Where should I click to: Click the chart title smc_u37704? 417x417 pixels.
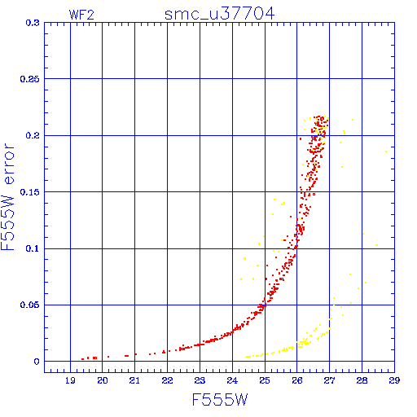coord(220,14)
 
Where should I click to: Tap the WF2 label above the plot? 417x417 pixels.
coord(81,15)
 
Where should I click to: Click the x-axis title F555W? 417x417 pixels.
coord(220,400)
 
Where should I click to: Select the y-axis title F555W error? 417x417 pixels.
coord(7,197)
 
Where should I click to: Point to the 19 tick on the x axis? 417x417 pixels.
coord(70,380)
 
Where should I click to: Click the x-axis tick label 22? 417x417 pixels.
coord(167,380)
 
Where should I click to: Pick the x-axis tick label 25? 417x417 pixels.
coord(265,380)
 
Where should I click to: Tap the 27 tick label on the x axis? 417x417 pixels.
coord(329,380)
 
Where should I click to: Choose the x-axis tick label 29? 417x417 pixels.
coord(394,380)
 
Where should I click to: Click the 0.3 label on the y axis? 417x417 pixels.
coord(33,23)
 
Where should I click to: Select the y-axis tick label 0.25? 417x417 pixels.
coord(30,79)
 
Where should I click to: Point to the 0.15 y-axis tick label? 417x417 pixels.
coord(30,192)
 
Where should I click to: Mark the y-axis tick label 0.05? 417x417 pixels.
coord(30,305)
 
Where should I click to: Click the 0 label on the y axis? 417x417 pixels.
coord(37,362)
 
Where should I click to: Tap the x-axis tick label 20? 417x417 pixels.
coord(103,380)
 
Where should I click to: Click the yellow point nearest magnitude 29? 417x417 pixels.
coord(386,151)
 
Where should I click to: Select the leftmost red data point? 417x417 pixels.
coord(82,359)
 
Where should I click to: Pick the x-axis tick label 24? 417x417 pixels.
coord(232,380)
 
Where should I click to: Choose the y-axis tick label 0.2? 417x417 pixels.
coord(33,135)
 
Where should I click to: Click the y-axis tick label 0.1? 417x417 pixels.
coord(33,248)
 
